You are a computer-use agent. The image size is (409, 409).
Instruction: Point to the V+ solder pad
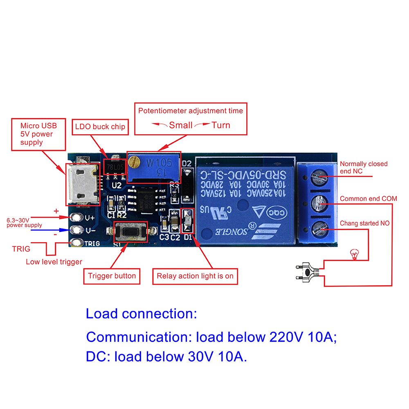(x=75, y=217)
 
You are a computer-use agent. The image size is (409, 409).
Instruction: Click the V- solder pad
(x=75, y=230)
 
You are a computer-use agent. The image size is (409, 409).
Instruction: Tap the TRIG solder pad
(x=75, y=243)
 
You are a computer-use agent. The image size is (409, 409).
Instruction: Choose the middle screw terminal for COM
(x=319, y=203)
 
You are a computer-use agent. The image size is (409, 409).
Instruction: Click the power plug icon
(x=306, y=272)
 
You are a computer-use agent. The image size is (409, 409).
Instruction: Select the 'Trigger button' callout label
(x=112, y=276)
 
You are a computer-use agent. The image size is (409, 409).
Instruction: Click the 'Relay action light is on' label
(x=195, y=276)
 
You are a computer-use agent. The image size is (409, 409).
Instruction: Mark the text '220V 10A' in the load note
(x=302, y=337)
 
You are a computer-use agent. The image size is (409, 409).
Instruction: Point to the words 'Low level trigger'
(x=54, y=262)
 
